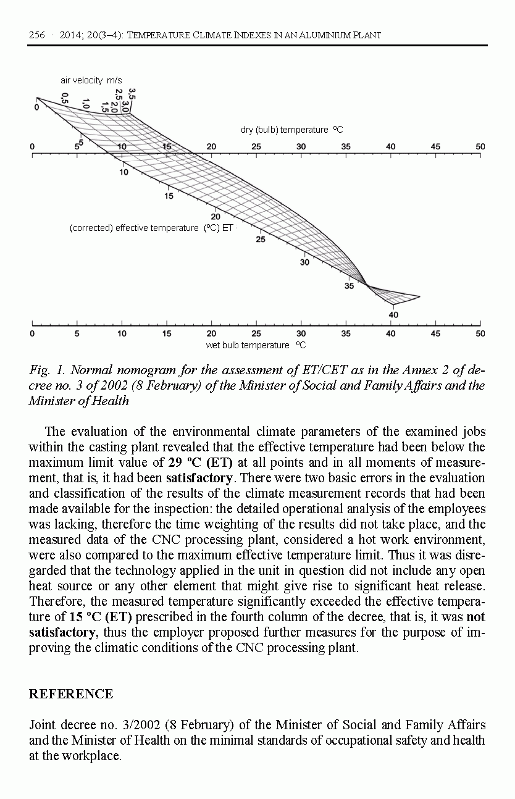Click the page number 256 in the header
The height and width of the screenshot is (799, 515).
(x=37, y=35)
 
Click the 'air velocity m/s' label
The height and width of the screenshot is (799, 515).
(x=91, y=80)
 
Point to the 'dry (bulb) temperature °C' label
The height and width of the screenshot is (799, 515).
(x=291, y=130)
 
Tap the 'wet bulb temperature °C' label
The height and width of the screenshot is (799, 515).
(x=256, y=345)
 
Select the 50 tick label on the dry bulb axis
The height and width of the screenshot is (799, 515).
(x=480, y=146)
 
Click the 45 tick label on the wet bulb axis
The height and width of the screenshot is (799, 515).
(x=435, y=333)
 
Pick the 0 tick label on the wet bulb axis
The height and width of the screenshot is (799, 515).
(x=32, y=333)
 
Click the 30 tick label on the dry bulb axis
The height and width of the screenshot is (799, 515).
(x=301, y=146)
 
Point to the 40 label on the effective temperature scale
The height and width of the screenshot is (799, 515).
(x=393, y=315)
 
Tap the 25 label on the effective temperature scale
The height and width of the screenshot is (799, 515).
(x=261, y=240)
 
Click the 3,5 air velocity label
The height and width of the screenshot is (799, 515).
(x=132, y=93)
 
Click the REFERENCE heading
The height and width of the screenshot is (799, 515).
(x=71, y=694)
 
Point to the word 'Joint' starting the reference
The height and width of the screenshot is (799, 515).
(x=42, y=725)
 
